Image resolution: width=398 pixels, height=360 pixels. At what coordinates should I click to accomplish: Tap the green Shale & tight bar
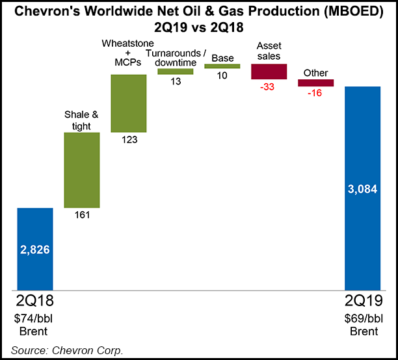[81, 170]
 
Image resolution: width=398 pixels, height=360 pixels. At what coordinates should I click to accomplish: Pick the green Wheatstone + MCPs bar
[128, 103]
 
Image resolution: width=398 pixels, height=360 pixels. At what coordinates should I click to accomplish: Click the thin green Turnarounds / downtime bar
[175, 71]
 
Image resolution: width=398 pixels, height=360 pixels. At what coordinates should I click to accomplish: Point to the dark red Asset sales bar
[269, 71]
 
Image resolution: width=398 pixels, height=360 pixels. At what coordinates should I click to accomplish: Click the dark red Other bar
[315, 83]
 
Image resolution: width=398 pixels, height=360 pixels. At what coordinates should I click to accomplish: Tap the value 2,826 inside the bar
[35, 250]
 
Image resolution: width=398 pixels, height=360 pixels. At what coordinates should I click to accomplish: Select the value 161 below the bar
[82, 215]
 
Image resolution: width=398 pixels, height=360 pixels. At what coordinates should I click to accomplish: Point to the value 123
[129, 140]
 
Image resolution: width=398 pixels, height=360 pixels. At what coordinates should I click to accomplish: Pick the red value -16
[315, 94]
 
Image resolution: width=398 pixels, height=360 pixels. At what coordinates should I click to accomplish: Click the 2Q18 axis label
[35, 302]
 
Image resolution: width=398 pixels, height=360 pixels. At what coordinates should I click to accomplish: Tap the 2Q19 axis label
[362, 302]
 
